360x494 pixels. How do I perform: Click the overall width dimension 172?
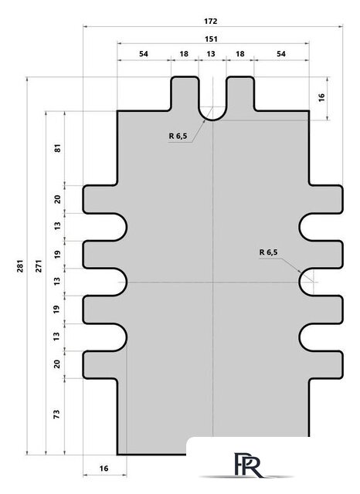pyautogui.click(x=211, y=21)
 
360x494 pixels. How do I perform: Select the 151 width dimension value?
pyautogui.click(x=211, y=39)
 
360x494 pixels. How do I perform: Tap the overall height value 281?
pyautogui.click(x=20, y=266)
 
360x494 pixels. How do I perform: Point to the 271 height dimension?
pyautogui.click(x=39, y=266)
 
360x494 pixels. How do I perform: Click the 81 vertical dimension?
pyautogui.click(x=57, y=148)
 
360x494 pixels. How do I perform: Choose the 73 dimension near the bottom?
pyautogui.click(x=56, y=414)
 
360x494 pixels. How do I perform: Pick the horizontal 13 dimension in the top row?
pyautogui.click(x=211, y=54)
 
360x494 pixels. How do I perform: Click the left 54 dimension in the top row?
pyautogui.click(x=144, y=54)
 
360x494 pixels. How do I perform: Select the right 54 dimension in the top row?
pyautogui.click(x=281, y=54)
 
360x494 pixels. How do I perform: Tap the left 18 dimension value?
pyautogui.click(x=184, y=54)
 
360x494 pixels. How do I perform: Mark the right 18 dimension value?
pyautogui.click(x=240, y=54)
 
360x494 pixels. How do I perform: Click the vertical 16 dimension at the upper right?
pyautogui.click(x=321, y=97)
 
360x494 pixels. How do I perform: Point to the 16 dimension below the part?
pyautogui.click(x=104, y=469)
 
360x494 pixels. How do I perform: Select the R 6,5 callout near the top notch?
pyautogui.click(x=178, y=136)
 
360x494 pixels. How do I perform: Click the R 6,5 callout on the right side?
pyautogui.click(x=268, y=252)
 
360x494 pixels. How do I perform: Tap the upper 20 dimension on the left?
pyautogui.click(x=57, y=199)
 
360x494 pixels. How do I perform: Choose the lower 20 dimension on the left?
pyautogui.click(x=57, y=364)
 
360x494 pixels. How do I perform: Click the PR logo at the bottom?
pyautogui.click(x=248, y=465)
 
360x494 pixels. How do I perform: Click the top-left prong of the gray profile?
pyautogui.click(x=185, y=93)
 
